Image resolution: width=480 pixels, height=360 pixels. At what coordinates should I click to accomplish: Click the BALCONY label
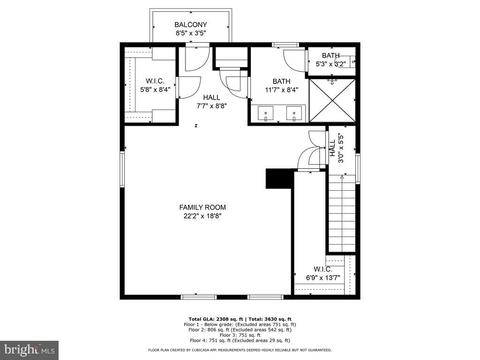point(190,25)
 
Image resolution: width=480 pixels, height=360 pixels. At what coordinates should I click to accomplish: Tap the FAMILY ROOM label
point(202,207)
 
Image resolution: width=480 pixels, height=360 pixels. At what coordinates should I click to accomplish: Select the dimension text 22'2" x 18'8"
point(202,216)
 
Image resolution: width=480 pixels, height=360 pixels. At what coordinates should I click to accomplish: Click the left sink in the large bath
point(266,113)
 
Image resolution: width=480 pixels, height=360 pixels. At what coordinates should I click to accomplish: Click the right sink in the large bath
point(294,113)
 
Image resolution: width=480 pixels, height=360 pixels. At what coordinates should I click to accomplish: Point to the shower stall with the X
point(332,100)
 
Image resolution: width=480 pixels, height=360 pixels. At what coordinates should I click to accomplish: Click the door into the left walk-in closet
point(188,88)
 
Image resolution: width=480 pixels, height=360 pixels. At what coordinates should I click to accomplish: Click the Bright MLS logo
point(29,350)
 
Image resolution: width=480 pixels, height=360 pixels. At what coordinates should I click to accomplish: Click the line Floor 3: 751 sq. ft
point(240,335)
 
